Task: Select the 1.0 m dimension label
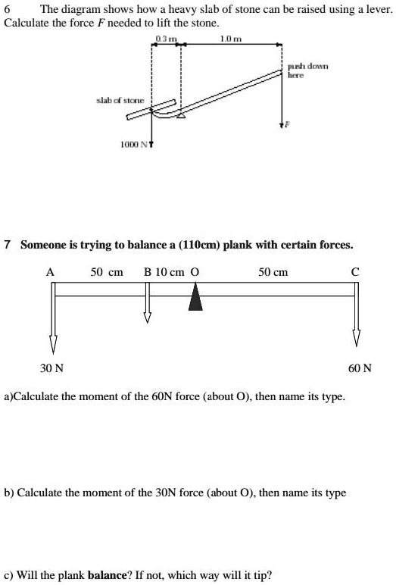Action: click(x=226, y=39)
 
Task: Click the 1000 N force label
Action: click(x=133, y=143)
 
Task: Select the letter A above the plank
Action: click(x=51, y=271)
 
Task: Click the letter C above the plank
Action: click(x=355, y=271)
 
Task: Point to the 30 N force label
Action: click(x=51, y=368)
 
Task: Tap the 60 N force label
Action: click(x=360, y=368)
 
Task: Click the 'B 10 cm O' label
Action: click(x=171, y=271)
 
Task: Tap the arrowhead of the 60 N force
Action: click(x=355, y=338)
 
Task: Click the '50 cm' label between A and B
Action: click(x=107, y=271)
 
